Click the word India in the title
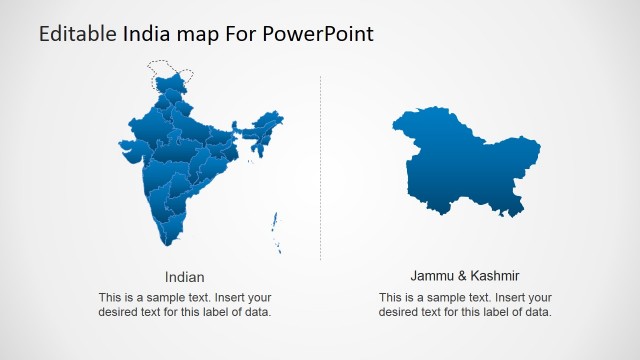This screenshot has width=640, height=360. pyautogui.click(x=145, y=34)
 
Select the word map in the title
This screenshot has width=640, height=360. pyautogui.click(x=197, y=34)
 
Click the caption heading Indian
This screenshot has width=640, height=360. pyautogui.click(x=185, y=276)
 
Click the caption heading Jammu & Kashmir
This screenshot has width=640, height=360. pyautogui.click(x=465, y=275)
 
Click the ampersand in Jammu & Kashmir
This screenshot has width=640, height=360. pyautogui.click(x=458, y=275)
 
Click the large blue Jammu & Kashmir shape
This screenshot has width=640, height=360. pyautogui.click(x=465, y=160)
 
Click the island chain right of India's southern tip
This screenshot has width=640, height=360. pyautogui.click(x=276, y=232)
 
